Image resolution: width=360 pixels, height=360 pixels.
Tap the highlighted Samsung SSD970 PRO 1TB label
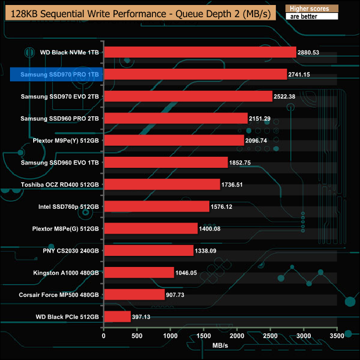[x=56, y=74]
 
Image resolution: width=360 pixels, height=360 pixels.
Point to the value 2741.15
[x=303, y=74]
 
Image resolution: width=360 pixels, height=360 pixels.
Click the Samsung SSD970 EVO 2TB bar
[x=188, y=96]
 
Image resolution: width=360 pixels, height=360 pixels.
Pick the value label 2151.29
[x=264, y=119]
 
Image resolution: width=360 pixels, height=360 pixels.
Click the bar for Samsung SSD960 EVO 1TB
[x=166, y=162]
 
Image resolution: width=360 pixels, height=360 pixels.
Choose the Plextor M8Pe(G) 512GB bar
[x=151, y=228]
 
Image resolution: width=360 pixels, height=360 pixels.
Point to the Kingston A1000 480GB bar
[x=139, y=272]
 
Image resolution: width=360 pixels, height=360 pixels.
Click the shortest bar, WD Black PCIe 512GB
[x=117, y=316]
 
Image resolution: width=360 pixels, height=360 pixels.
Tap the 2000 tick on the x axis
[x=237, y=336]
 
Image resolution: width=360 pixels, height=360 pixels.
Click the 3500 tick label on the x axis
[x=337, y=336]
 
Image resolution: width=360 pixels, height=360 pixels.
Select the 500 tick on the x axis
[x=137, y=336]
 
